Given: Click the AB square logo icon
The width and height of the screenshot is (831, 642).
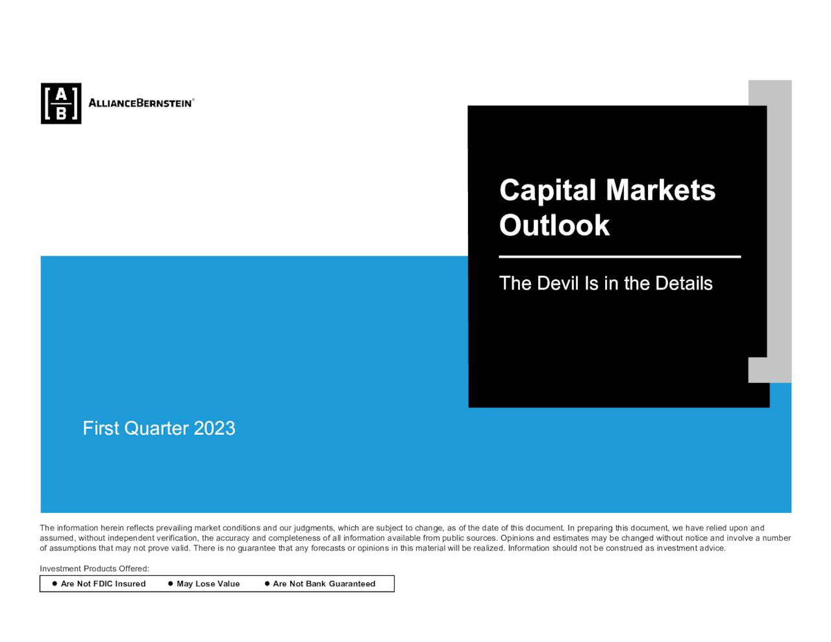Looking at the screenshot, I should click(x=61, y=103).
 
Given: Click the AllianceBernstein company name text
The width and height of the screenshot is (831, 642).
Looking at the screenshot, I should click(x=140, y=103).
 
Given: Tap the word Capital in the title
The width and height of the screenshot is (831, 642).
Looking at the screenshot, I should click(x=547, y=191).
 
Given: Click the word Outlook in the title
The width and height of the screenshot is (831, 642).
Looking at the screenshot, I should click(x=554, y=225).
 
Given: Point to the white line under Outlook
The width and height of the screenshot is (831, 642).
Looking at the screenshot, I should click(x=619, y=257).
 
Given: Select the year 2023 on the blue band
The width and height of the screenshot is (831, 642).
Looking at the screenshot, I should click(x=214, y=428).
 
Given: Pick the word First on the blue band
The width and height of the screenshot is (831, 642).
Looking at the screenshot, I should click(x=101, y=428).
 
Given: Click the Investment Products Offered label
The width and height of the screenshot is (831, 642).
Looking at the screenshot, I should click(x=95, y=569).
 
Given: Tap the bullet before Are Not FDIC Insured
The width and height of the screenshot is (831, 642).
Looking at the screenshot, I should click(x=55, y=584).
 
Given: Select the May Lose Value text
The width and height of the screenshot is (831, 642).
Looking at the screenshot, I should click(x=208, y=584).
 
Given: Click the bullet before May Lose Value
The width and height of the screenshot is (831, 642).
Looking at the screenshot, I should click(x=170, y=584).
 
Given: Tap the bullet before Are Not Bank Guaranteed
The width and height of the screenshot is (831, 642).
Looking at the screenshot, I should click(x=267, y=584).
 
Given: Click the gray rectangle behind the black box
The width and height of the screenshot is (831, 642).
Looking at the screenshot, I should click(x=779, y=227).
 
